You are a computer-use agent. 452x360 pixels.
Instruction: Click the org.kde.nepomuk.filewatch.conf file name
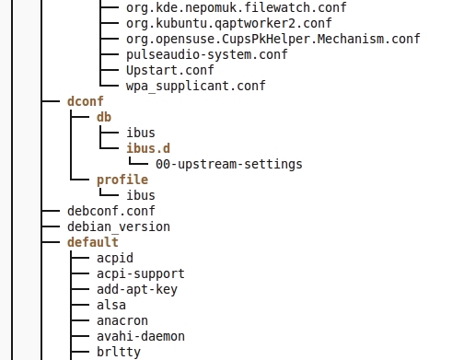click(237, 7)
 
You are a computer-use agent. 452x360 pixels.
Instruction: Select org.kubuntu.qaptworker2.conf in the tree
click(229, 23)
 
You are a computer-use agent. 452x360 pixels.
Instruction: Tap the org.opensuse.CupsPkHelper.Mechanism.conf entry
click(273, 39)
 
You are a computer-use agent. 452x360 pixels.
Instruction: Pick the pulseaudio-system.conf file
click(207, 54)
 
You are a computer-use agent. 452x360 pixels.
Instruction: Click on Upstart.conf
click(170, 70)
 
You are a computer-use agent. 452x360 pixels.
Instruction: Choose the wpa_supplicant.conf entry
click(196, 86)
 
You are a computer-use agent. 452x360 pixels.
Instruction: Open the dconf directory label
click(86, 101)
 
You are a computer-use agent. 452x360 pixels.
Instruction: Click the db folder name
click(104, 117)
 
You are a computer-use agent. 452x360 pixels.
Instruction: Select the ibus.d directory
click(148, 148)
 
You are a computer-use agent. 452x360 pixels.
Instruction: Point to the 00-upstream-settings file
click(229, 164)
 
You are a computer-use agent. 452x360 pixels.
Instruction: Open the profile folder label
click(122, 180)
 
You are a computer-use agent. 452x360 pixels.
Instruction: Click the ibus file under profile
click(141, 195)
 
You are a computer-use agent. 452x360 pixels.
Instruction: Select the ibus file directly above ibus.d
click(141, 133)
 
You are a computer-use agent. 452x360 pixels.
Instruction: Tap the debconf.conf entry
click(111, 211)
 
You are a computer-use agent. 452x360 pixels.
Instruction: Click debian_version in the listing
click(119, 226)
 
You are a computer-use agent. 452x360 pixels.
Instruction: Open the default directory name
click(93, 242)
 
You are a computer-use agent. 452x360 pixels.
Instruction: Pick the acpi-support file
click(141, 273)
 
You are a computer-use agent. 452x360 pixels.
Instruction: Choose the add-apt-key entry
click(137, 289)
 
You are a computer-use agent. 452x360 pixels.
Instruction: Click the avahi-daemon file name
click(141, 336)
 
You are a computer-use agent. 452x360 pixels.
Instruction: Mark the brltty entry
click(119, 352)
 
